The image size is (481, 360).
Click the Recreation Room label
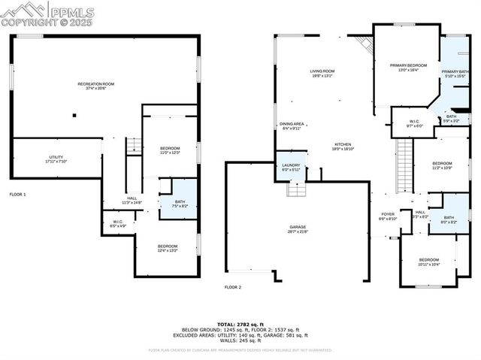(x=96, y=85)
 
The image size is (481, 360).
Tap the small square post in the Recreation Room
(x=74, y=115)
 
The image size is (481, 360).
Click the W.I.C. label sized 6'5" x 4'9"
(x=118, y=222)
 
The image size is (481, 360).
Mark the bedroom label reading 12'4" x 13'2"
(x=167, y=248)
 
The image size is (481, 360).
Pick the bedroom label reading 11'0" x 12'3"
(x=169, y=150)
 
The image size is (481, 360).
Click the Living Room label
(x=322, y=73)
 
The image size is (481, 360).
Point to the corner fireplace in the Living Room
(x=365, y=44)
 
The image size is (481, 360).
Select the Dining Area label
(x=291, y=126)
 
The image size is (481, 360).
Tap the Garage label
(x=298, y=228)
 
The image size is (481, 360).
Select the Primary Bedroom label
(x=408, y=68)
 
